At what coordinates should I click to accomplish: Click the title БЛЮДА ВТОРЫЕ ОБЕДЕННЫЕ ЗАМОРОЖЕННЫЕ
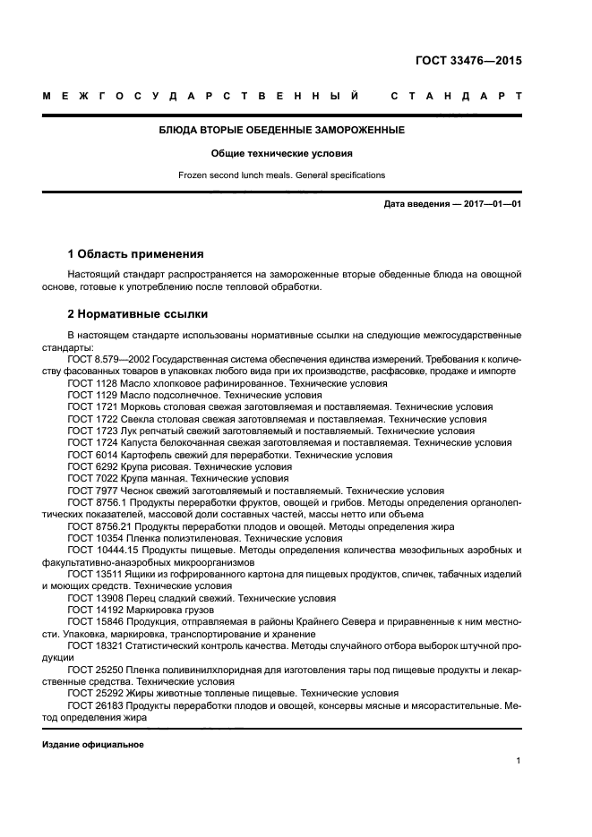point(281,130)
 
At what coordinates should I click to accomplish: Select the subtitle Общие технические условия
point(281,153)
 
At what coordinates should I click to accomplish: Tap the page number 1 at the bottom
point(519,761)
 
